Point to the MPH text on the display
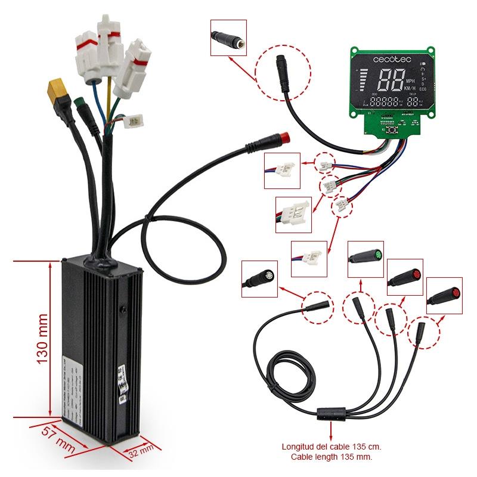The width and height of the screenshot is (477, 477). click(x=410, y=81)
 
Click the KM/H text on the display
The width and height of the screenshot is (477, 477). click(x=410, y=89)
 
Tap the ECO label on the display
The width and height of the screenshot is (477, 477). click(x=424, y=97)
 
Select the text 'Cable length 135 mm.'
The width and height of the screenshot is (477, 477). click(x=332, y=457)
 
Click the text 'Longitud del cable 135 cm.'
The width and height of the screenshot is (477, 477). click(x=332, y=447)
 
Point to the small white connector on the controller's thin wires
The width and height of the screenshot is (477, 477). click(x=135, y=121)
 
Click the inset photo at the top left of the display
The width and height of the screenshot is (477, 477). click(x=229, y=36)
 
